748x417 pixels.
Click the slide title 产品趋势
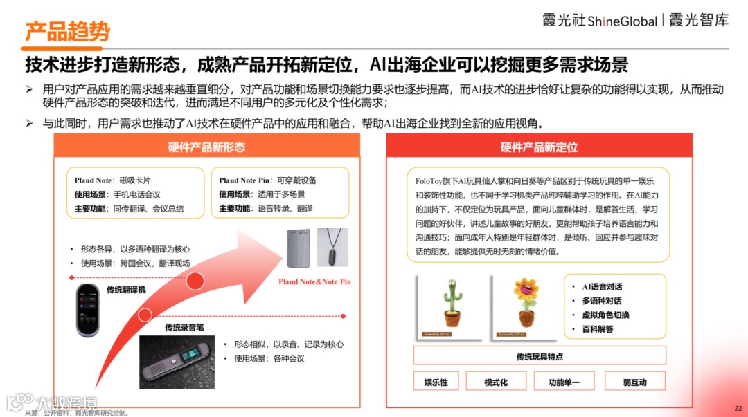tap(67, 32)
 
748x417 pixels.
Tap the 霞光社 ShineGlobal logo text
tap(600, 21)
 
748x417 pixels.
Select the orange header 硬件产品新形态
tap(206, 147)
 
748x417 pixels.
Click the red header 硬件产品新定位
tap(539, 147)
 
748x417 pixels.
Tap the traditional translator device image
tap(88, 311)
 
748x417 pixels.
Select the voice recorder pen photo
tap(177, 362)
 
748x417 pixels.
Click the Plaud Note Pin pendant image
tap(332, 247)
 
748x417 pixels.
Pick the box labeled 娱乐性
tap(436, 381)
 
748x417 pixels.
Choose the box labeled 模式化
tap(496, 381)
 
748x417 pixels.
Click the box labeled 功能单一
tap(564, 381)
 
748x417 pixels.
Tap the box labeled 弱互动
tap(635, 381)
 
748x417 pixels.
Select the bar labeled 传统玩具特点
tap(540, 356)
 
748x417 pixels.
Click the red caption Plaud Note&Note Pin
tap(315, 281)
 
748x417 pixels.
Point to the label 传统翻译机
tap(126, 290)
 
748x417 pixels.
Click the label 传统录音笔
tap(184, 327)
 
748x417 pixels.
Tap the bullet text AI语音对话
tap(602, 287)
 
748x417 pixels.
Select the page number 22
tap(738, 409)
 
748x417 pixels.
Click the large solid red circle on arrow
tap(195, 281)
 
